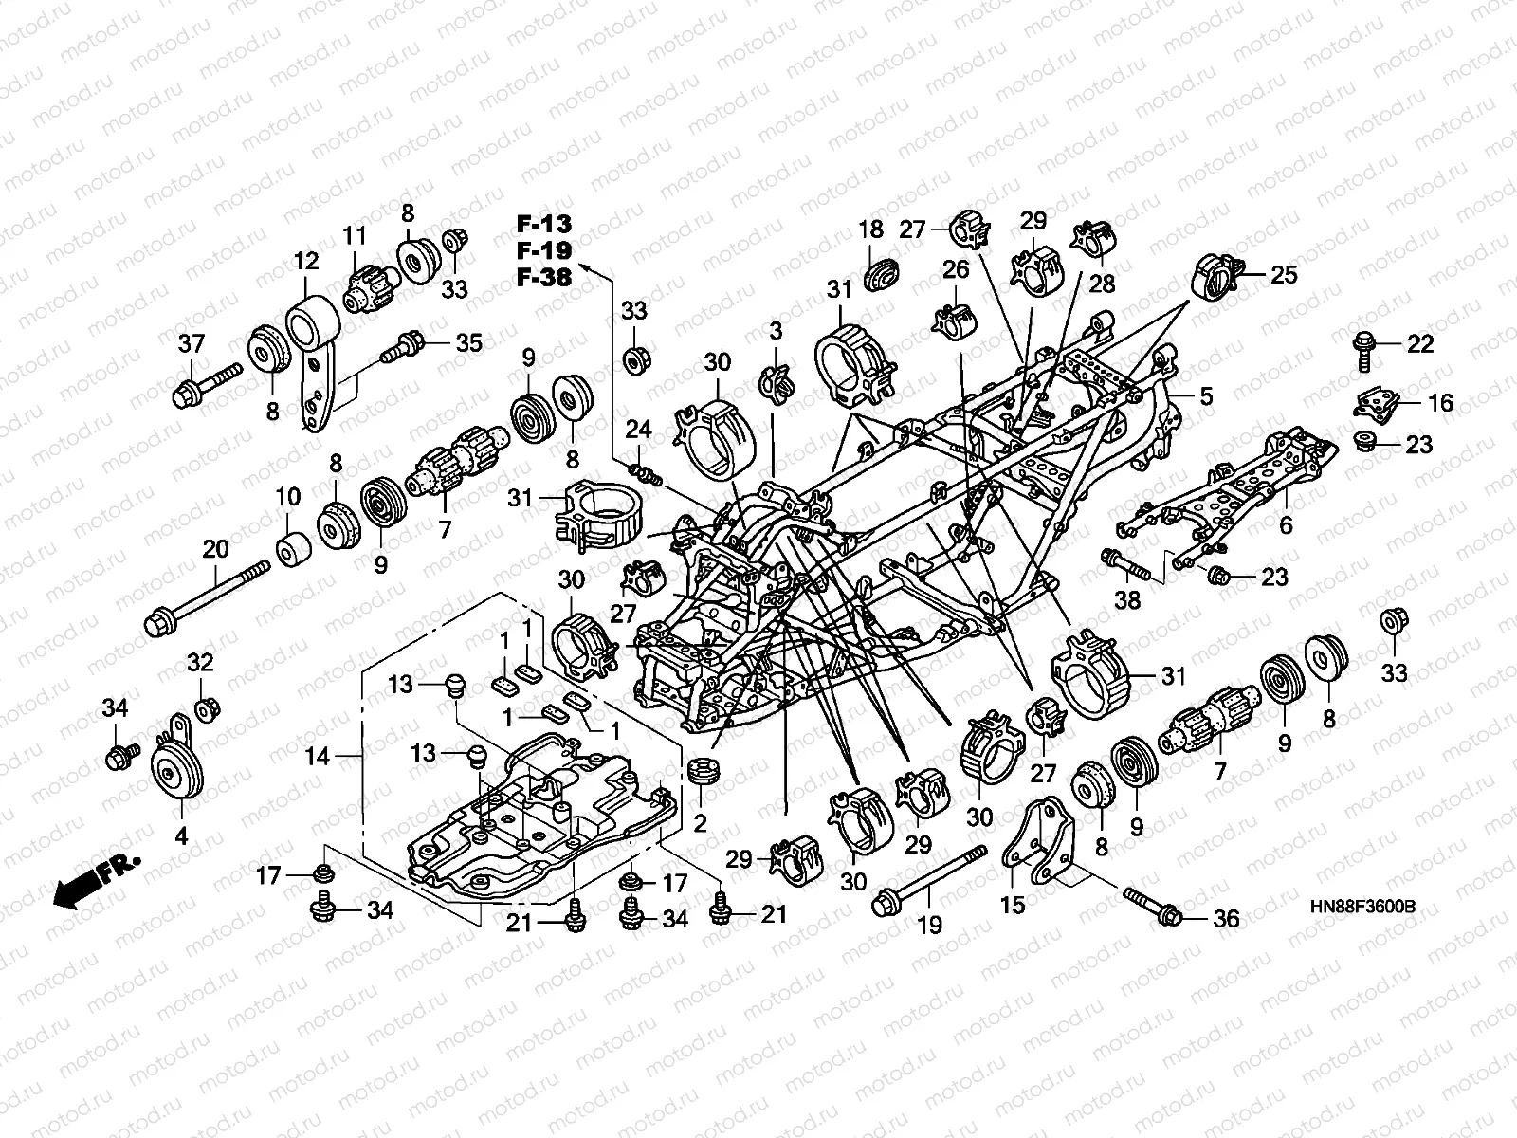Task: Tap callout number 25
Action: click(1283, 275)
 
